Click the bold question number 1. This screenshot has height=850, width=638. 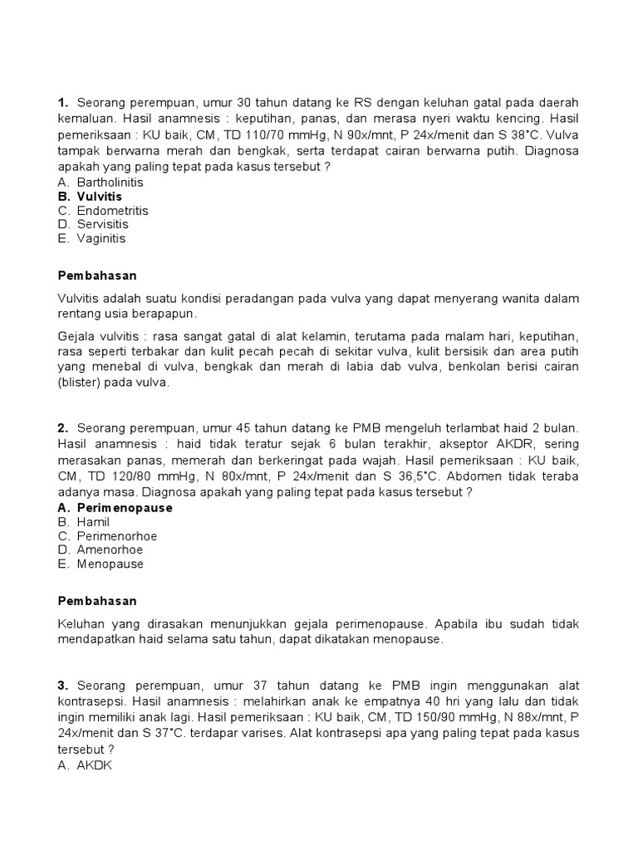pos(62,103)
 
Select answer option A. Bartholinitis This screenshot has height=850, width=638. pos(101,183)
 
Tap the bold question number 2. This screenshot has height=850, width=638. pos(62,428)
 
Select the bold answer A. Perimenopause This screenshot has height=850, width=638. pos(115,508)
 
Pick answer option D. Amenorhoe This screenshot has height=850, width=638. pos(100,550)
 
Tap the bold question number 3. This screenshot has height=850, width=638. pos(62,686)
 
